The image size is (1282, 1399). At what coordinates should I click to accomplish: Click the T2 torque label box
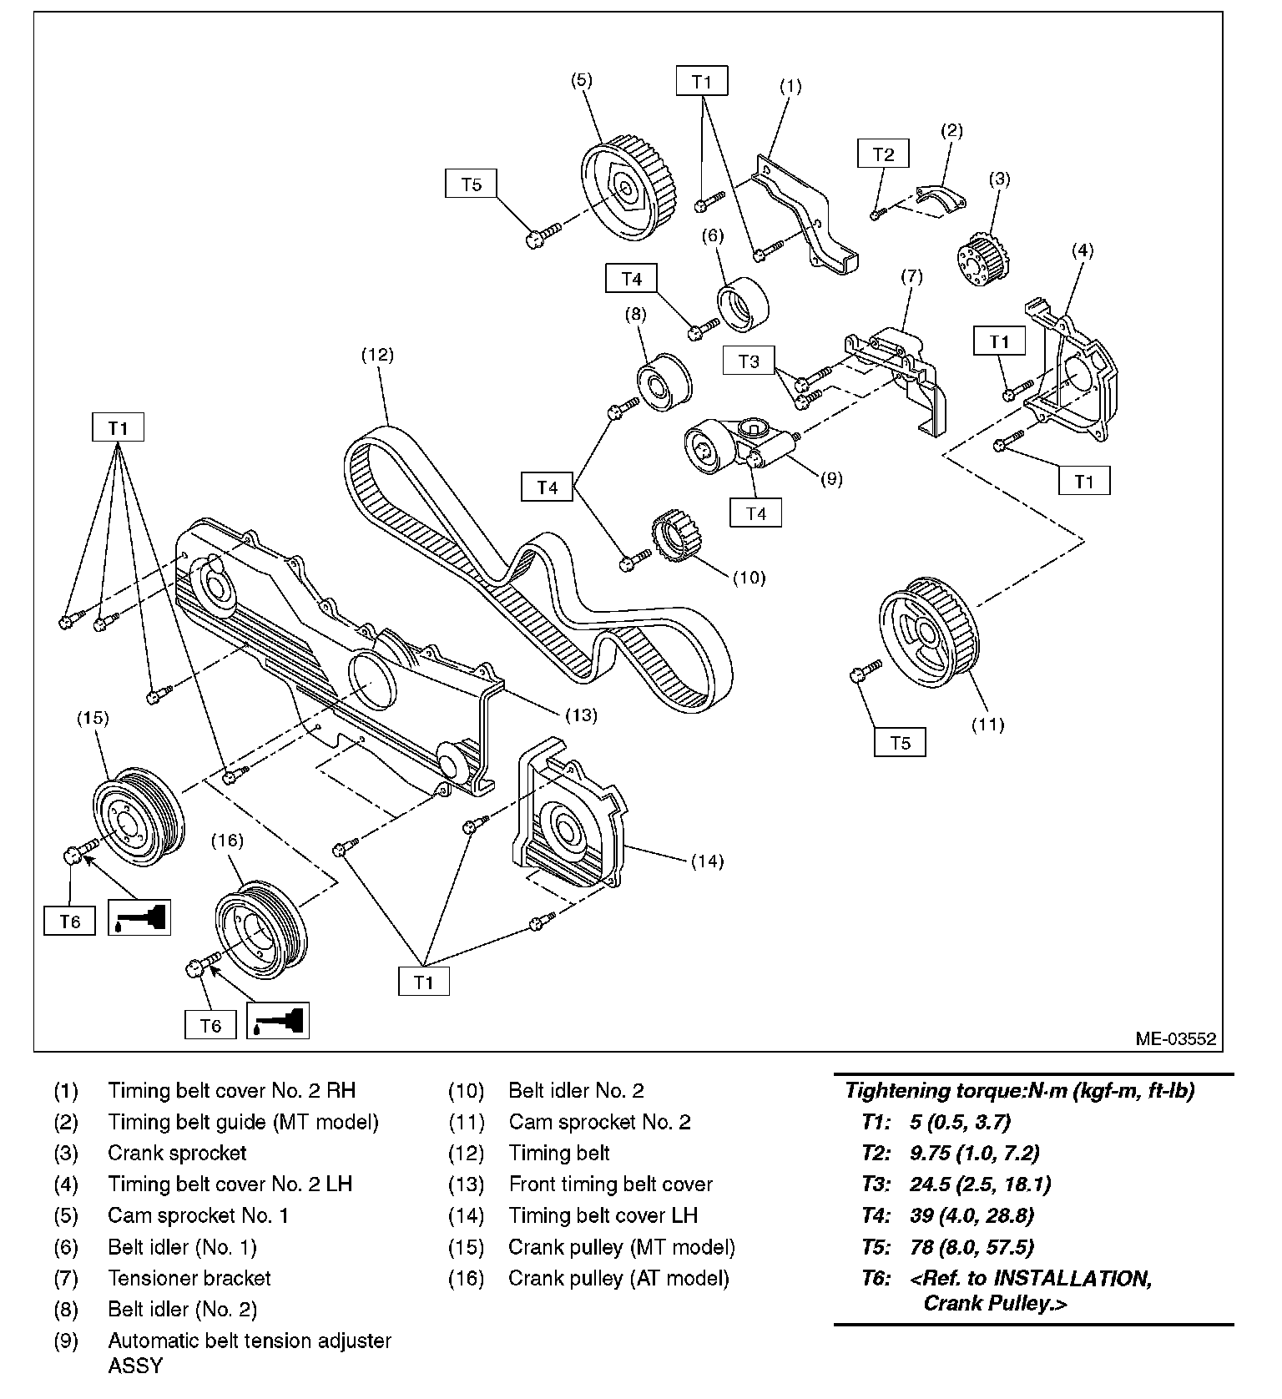(883, 154)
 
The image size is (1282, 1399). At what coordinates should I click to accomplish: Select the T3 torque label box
(750, 361)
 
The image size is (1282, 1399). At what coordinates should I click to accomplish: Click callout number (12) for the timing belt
(377, 354)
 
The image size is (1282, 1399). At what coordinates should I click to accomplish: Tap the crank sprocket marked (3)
(979, 258)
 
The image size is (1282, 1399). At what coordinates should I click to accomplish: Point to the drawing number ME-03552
(1175, 1039)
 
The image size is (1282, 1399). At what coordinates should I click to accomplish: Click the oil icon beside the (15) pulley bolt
(139, 917)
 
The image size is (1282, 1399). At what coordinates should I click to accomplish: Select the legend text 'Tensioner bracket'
(189, 1278)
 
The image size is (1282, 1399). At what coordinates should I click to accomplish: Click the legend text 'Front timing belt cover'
(611, 1184)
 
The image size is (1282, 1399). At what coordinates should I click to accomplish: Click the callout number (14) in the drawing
(707, 861)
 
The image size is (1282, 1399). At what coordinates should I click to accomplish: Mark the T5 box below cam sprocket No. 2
(900, 742)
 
